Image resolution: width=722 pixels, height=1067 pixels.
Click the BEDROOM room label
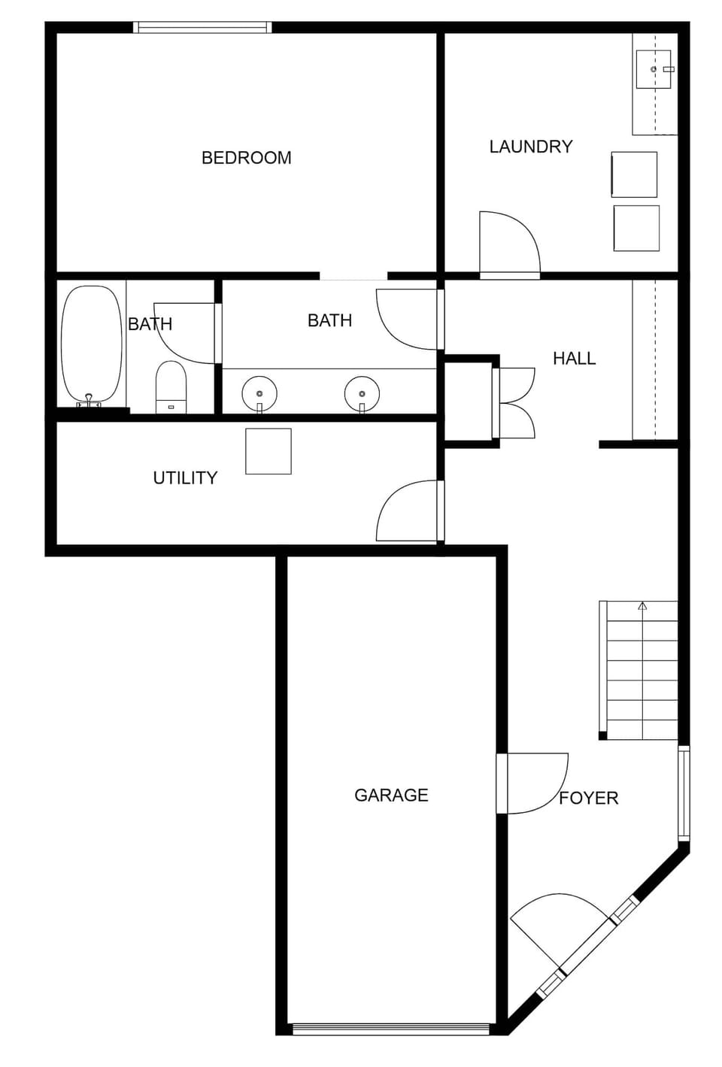246,158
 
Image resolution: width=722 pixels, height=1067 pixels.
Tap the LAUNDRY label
530,147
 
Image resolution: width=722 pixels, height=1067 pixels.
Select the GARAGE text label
391,795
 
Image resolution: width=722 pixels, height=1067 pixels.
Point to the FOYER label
588,798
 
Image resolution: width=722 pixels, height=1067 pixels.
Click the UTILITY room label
185,477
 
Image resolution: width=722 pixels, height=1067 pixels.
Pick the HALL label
574,359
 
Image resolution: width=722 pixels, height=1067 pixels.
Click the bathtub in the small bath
91,344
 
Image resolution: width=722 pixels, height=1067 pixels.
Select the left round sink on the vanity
259,393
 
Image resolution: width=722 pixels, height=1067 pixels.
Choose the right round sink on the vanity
362,393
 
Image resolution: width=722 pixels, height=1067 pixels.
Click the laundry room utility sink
653,69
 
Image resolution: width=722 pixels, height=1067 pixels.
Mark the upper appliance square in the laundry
634,174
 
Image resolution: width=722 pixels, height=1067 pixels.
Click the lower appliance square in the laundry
636,228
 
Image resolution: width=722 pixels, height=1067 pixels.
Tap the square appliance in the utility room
268,451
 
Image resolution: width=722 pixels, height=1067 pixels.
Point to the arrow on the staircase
642,605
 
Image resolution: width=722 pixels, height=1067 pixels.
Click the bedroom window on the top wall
202,28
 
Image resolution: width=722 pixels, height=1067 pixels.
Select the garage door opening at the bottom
391,1029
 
